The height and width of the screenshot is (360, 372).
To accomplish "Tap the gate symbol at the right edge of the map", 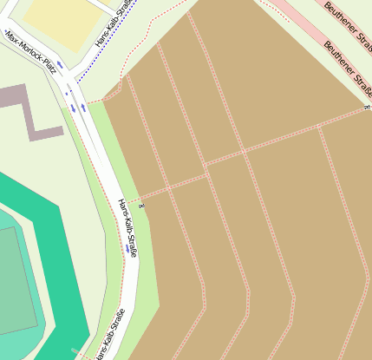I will [367, 108].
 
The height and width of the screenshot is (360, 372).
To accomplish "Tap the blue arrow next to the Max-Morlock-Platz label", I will [61, 67].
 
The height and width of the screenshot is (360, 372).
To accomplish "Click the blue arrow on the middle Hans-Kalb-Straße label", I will [128, 249].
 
